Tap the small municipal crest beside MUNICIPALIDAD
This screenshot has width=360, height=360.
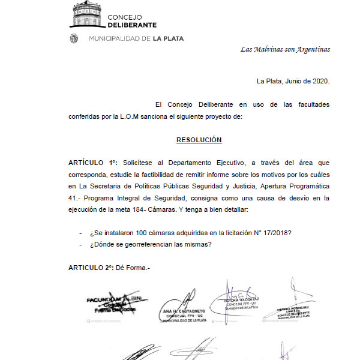click(x=74, y=38)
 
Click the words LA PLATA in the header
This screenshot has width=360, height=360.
click(x=169, y=38)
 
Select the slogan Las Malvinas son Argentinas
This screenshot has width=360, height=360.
click(x=285, y=49)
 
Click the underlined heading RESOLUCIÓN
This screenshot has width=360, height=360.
click(x=199, y=140)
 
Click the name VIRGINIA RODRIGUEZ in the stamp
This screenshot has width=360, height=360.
click(x=293, y=307)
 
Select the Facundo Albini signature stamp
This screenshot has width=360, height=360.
click(x=112, y=302)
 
